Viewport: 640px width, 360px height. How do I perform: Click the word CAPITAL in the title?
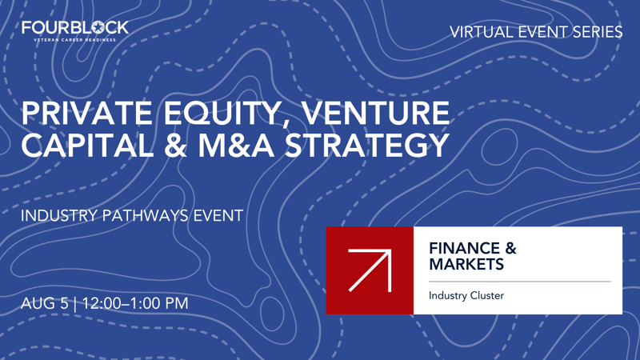pos(89,146)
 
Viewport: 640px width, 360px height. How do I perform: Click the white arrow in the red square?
pos(370,270)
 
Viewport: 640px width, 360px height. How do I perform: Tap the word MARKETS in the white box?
pos(466,264)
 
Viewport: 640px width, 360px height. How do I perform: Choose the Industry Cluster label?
pos(466,296)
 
